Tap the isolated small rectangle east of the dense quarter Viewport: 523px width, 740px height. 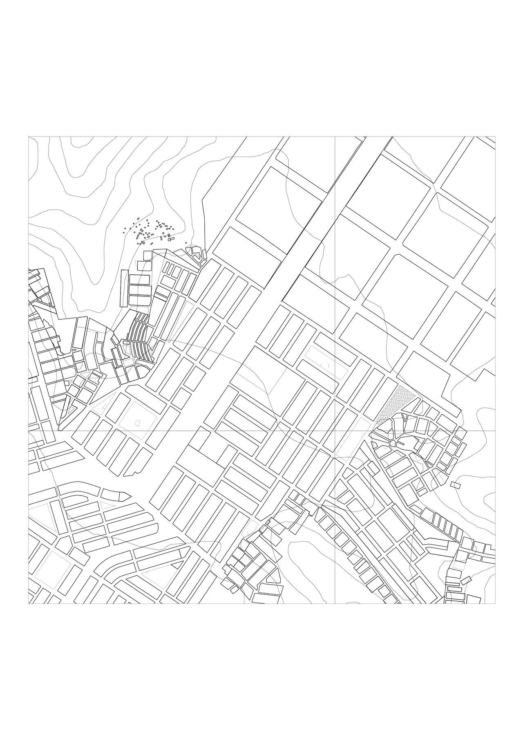[455, 485]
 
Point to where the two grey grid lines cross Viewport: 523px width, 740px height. [335, 431]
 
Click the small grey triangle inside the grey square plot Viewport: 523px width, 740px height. [139, 423]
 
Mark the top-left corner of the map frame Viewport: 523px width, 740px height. [28, 137]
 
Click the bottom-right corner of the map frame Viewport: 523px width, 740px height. [494, 603]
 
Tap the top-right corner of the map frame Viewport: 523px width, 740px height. [494, 137]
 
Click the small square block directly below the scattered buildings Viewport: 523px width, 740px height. [148, 255]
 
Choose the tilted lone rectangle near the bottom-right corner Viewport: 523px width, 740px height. [466, 580]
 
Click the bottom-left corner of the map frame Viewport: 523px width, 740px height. [28, 603]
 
